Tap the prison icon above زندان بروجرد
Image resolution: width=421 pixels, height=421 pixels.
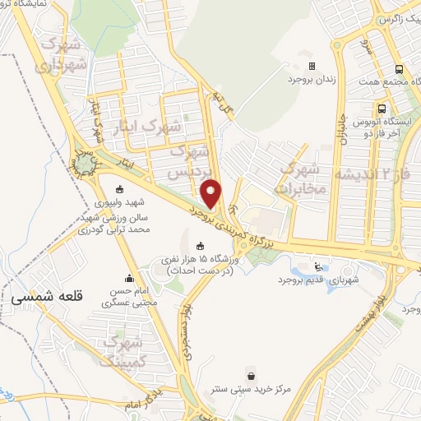click(311, 66)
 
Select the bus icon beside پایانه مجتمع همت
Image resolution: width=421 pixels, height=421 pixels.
click(398, 70)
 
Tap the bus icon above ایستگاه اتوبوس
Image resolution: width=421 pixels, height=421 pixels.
click(382, 108)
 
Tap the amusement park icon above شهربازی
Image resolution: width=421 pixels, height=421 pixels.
click(318, 266)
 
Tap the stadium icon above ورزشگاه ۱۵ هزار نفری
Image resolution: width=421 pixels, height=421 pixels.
click(201, 245)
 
